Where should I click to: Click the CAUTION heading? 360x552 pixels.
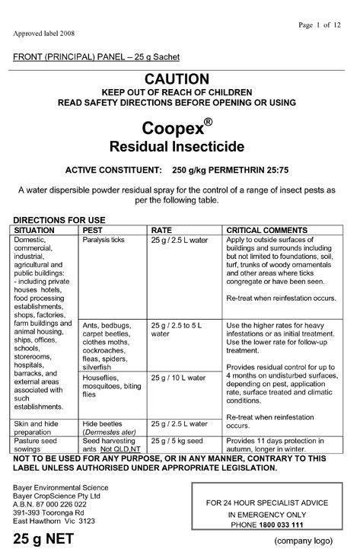pyautogui.click(x=176, y=78)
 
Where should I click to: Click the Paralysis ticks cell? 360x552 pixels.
pyautogui.click(x=104, y=240)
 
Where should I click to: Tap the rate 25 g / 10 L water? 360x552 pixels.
pyautogui.click(x=179, y=378)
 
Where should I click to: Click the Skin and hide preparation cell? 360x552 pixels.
pyautogui.click(x=36, y=428)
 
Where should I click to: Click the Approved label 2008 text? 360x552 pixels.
pyautogui.click(x=39, y=34)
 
